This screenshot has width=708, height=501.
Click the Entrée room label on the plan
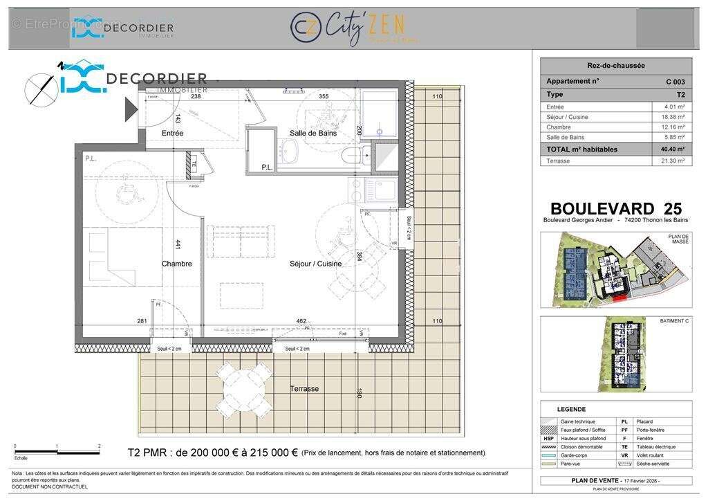click(x=172, y=133)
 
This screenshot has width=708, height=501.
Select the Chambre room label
click(x=177, y=264)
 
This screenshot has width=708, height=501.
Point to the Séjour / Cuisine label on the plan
click(x=315, y=264)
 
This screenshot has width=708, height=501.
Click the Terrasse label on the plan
click(x=304, y=389)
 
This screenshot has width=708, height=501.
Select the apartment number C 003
click(x=675, y=82)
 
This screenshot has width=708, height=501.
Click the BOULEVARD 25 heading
click(x=615, y=208)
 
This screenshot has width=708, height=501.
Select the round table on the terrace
click(x=242, y=388)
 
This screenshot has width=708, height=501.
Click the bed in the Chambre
click(x=113, y=256)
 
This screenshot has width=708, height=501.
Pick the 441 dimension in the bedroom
click(x=178, y=244)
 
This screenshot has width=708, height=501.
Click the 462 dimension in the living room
click(x=301, y=321)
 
